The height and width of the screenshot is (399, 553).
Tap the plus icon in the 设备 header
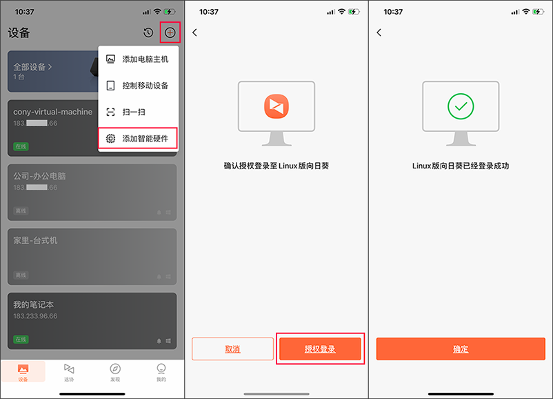click(170, 33)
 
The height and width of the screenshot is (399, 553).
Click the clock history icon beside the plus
click(148, 33)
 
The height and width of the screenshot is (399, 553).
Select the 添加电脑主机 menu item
click(139, 59)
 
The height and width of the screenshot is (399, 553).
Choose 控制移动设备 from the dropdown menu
click(139, 86)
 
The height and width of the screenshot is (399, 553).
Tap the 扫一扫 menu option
click(139, 112)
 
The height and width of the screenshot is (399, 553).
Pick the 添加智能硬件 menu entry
click(139, 139)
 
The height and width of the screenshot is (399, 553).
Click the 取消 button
click(233, 349)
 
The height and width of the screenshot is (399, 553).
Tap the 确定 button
click(461, 349)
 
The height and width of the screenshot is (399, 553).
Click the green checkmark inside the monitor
click(461, 106)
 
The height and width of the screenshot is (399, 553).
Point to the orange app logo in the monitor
click(276, 106)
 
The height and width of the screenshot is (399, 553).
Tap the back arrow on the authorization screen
click(195, 32)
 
